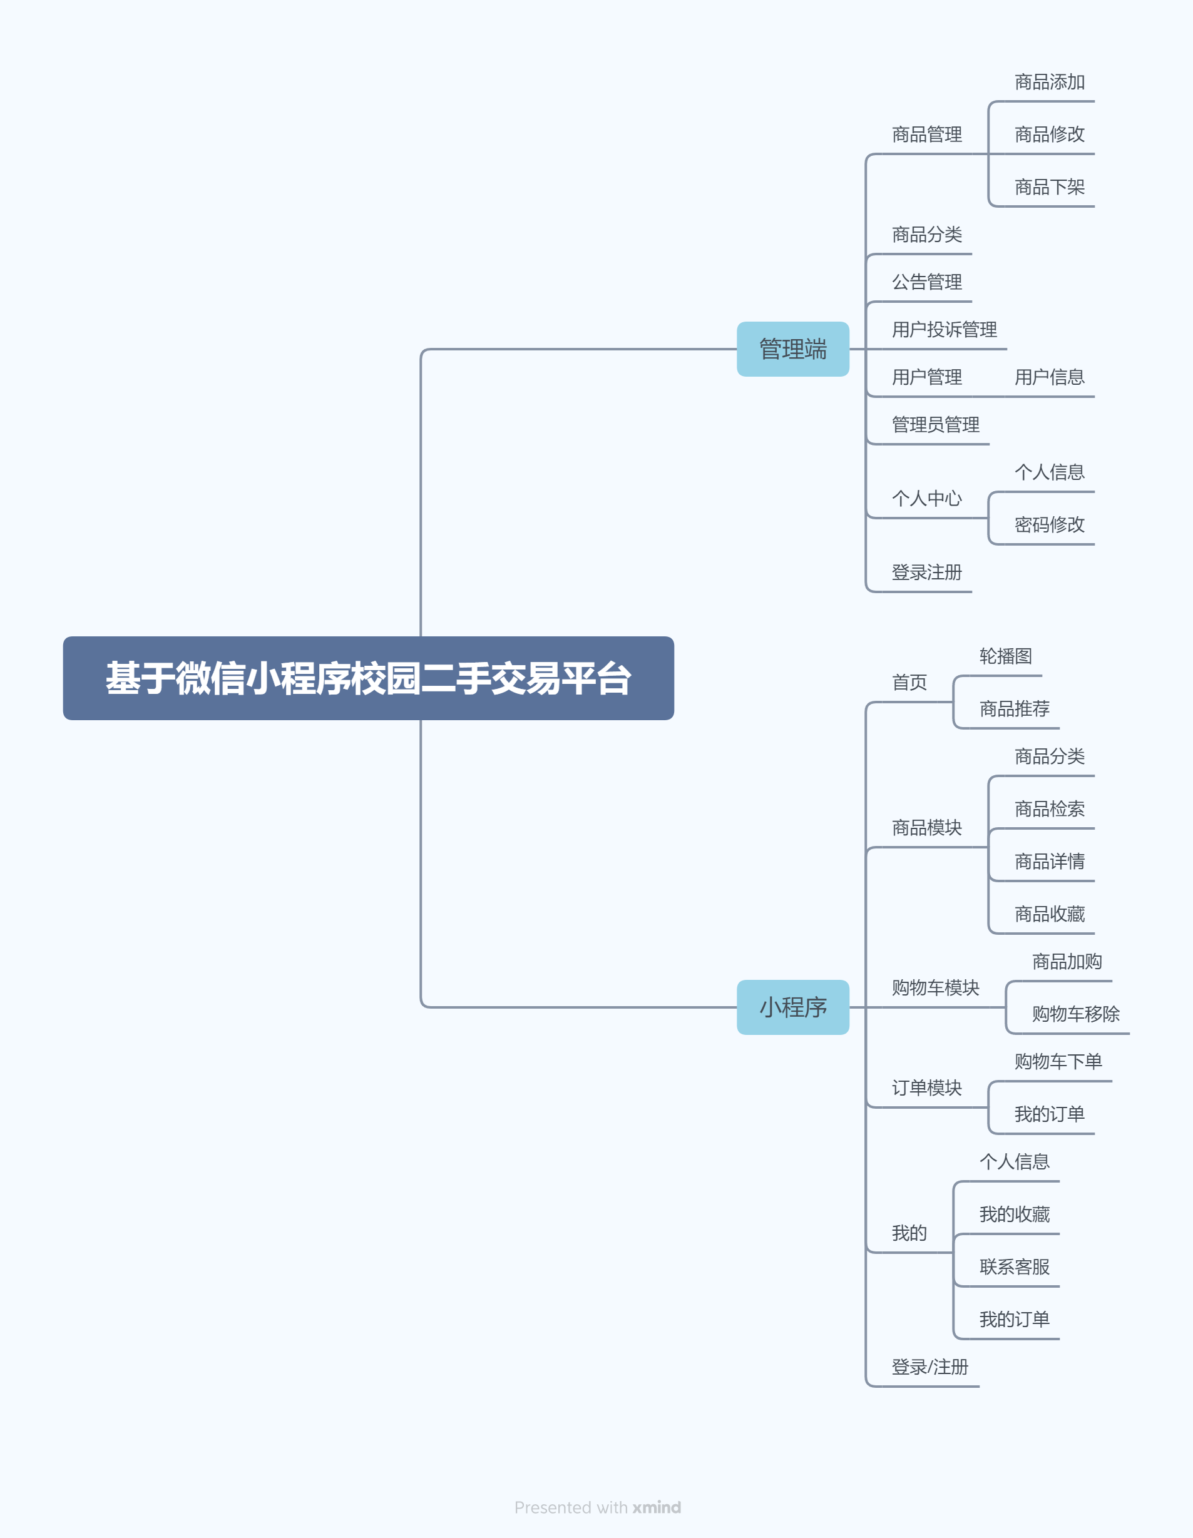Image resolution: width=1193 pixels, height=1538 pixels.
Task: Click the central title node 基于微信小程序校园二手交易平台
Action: tap(368, 678)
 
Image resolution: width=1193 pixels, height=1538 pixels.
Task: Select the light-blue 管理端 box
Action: tap(792, 349)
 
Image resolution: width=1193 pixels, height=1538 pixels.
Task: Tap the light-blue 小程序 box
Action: tap(792, 1007)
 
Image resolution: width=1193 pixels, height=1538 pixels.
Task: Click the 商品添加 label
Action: tap(1048, 83)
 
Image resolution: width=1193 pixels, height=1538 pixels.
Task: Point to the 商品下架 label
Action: tap(1048, 187)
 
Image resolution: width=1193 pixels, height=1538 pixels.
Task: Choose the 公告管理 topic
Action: tap(926, 282)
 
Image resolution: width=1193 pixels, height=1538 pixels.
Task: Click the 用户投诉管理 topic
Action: tap(944, 330)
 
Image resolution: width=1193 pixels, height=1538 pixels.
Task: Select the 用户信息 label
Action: tap(1048, 377)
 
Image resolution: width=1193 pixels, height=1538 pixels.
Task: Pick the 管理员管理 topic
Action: tap(935, 425)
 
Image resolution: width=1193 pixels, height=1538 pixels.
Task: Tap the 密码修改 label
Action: tap(1048, 524)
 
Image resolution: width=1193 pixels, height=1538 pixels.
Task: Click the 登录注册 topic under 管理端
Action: tap(926, 573)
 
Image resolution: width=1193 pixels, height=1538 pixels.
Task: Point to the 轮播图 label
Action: tap(1005, 656)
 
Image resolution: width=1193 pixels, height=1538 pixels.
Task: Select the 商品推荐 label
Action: tap(1014, 708)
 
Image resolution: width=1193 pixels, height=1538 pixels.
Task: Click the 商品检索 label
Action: tap(1048, 809)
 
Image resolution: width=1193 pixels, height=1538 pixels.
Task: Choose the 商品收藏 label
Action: tap(1048, 914)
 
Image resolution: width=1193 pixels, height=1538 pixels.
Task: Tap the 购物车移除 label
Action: tap(1075, 1014)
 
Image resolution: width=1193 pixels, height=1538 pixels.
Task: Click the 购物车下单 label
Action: tap(1058, 1061)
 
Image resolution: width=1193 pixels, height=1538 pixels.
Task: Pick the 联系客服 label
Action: tap(1014, 1267)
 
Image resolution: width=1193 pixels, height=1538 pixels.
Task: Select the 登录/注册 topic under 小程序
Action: tap(929, 1367)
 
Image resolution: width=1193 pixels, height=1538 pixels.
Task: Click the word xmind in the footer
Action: tap(657, 1508)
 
